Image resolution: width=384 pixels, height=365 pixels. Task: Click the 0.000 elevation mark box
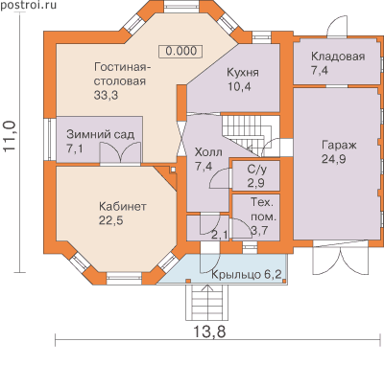(181, 51)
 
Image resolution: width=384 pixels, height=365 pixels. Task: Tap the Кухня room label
(243, 73)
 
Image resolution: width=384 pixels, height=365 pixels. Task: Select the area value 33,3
(106, 95)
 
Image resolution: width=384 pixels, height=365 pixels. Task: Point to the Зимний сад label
(100, 135)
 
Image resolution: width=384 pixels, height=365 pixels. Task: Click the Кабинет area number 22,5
(110, 220)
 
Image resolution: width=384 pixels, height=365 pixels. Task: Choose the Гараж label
(339, 146)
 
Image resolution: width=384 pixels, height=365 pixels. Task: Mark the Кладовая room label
(338, 57)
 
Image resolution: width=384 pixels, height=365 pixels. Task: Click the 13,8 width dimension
(209, 331)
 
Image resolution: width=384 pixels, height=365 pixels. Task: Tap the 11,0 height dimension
(10, 135)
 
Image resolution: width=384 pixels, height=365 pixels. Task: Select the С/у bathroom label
(256, 170)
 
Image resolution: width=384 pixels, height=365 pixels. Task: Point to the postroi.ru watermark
(28, 5)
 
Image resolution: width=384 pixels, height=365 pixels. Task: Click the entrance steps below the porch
(207, 302)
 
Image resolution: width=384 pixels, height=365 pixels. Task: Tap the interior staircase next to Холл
(249, 132)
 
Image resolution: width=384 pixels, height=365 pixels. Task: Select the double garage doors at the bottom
(340, 258)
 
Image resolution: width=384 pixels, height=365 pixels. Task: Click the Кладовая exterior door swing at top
(337, 23)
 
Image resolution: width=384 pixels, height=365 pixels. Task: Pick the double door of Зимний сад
(120, 153)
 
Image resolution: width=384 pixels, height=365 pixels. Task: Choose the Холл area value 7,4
(204, 166)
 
